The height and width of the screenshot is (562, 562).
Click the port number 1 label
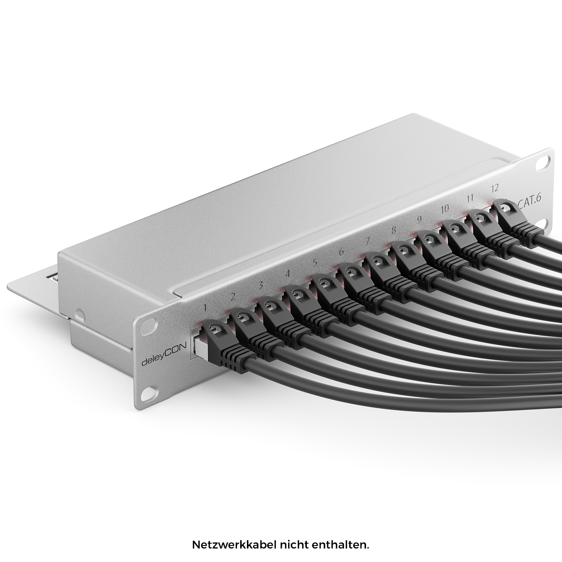[205, 308]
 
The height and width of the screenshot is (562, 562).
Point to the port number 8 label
[393, 230]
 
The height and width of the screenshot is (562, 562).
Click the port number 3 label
[261, 285]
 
